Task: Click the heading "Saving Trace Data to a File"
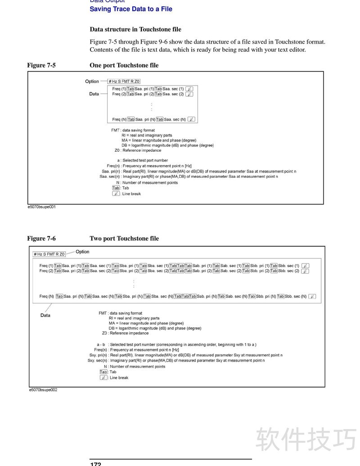point(131,9)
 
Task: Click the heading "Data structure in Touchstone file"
point(135,29)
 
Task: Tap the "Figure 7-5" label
point(41,65)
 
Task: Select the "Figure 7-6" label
point(41,239)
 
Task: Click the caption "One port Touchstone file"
point(124,65)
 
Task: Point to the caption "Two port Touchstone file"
point(124,239)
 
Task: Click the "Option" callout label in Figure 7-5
point(92,81)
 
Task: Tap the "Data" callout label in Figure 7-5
point(94,94)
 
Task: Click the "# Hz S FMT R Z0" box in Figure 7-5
point(124,81)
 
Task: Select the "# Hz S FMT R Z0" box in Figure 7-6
point(49,254)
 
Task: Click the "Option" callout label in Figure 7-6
point(82,252)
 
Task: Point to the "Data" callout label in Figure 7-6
point(45,315)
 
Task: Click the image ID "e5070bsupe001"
point(42,207)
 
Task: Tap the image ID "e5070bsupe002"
point(43,390)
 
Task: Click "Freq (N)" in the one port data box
point(119,119)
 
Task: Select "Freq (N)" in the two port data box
point(46,296)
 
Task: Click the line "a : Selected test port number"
point(142,160)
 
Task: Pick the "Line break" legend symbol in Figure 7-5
point(116,194)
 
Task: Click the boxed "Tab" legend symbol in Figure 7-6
point(103,372)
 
